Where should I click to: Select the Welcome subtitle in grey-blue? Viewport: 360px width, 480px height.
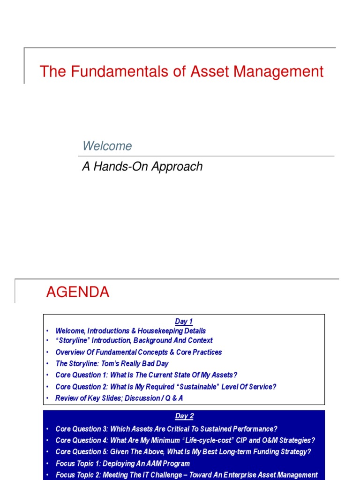tap(107, 146)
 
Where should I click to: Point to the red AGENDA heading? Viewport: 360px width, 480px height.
tap(77, 292)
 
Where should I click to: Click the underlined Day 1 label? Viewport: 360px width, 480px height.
tap(184, 322)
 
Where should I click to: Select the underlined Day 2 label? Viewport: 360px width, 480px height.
tap(184, 416)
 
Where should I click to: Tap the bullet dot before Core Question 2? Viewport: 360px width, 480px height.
tap(47, 387)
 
